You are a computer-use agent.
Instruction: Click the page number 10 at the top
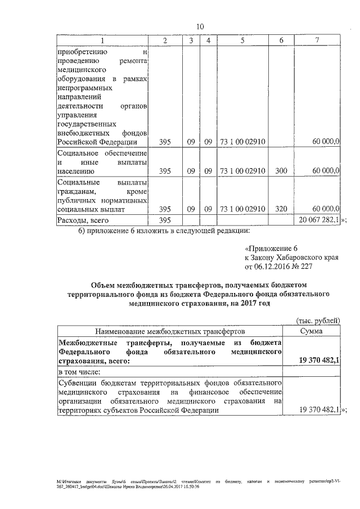(x=200, y=26)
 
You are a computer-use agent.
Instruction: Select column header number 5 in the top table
(x=242, y=40)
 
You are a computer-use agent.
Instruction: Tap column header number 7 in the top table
(x=318, y=40)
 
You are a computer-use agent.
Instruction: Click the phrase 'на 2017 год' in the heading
(x=247, y=303)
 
